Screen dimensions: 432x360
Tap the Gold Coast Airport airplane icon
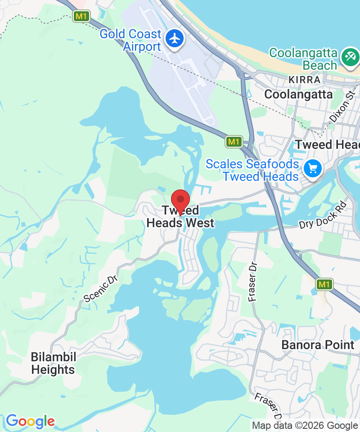coord(175,38)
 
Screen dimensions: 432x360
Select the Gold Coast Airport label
coord(130,40)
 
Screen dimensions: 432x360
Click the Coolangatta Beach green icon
coord(350,57)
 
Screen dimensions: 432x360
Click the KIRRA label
coord(305,80)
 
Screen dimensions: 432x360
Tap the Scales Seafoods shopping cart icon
coord(313,169)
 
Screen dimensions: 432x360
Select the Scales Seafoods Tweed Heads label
coord(252,170)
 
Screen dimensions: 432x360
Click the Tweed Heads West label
coord(180,217)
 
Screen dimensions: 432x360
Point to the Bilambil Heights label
coord(53,364)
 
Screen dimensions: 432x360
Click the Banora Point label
coord(318,345)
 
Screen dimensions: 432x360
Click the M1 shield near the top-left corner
coord(81,17)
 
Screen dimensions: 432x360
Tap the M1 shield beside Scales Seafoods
coord(234,142)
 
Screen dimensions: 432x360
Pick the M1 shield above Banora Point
coord(324,284)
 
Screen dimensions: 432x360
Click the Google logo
coord(30,422)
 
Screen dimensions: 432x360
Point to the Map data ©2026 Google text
coord(305,425)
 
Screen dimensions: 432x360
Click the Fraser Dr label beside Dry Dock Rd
coord(253,281)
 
